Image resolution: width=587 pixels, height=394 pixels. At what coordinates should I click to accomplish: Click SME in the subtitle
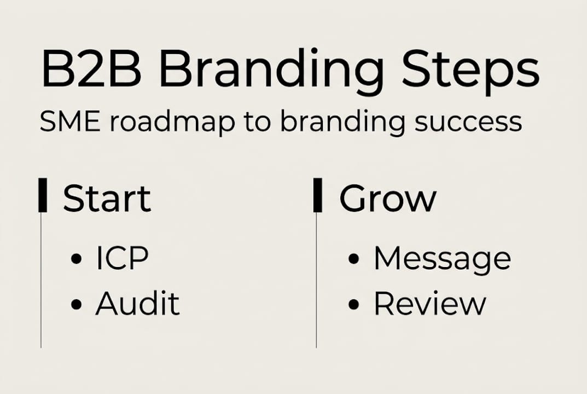[69, 121]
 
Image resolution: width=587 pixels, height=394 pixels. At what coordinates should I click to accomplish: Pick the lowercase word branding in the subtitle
[342, 124]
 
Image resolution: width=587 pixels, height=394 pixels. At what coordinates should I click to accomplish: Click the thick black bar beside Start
[42, 195]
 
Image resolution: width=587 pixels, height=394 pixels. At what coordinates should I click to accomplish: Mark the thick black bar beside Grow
[317, 195]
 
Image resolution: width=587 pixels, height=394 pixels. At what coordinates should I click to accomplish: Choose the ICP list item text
[122, 258]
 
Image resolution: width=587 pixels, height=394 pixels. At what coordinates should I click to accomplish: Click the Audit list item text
[137, 304]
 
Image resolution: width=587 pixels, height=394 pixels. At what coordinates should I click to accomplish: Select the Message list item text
[442, 259]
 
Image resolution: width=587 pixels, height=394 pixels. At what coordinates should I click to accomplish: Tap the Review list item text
[429, 304]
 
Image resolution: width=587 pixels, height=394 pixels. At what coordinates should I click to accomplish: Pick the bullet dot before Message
[353, 259]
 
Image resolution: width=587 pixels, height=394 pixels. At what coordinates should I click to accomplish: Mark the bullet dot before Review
[353, 305]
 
